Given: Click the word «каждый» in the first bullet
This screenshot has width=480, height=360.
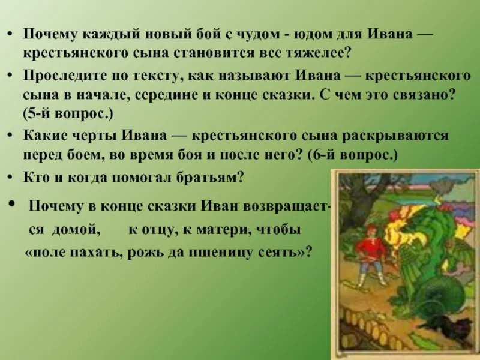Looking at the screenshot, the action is click(x=110, y=34).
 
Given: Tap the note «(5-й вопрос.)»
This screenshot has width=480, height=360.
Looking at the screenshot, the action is click(x=68, y=114).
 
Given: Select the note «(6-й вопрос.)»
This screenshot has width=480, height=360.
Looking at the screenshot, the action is click(x=353, y=155).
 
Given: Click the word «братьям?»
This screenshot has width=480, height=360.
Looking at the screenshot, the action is click(x=210, y=178).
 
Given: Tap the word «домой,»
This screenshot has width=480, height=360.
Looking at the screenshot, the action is click(x=76, y=230).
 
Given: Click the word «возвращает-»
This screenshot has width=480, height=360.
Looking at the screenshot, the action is click(x=287, y=206).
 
